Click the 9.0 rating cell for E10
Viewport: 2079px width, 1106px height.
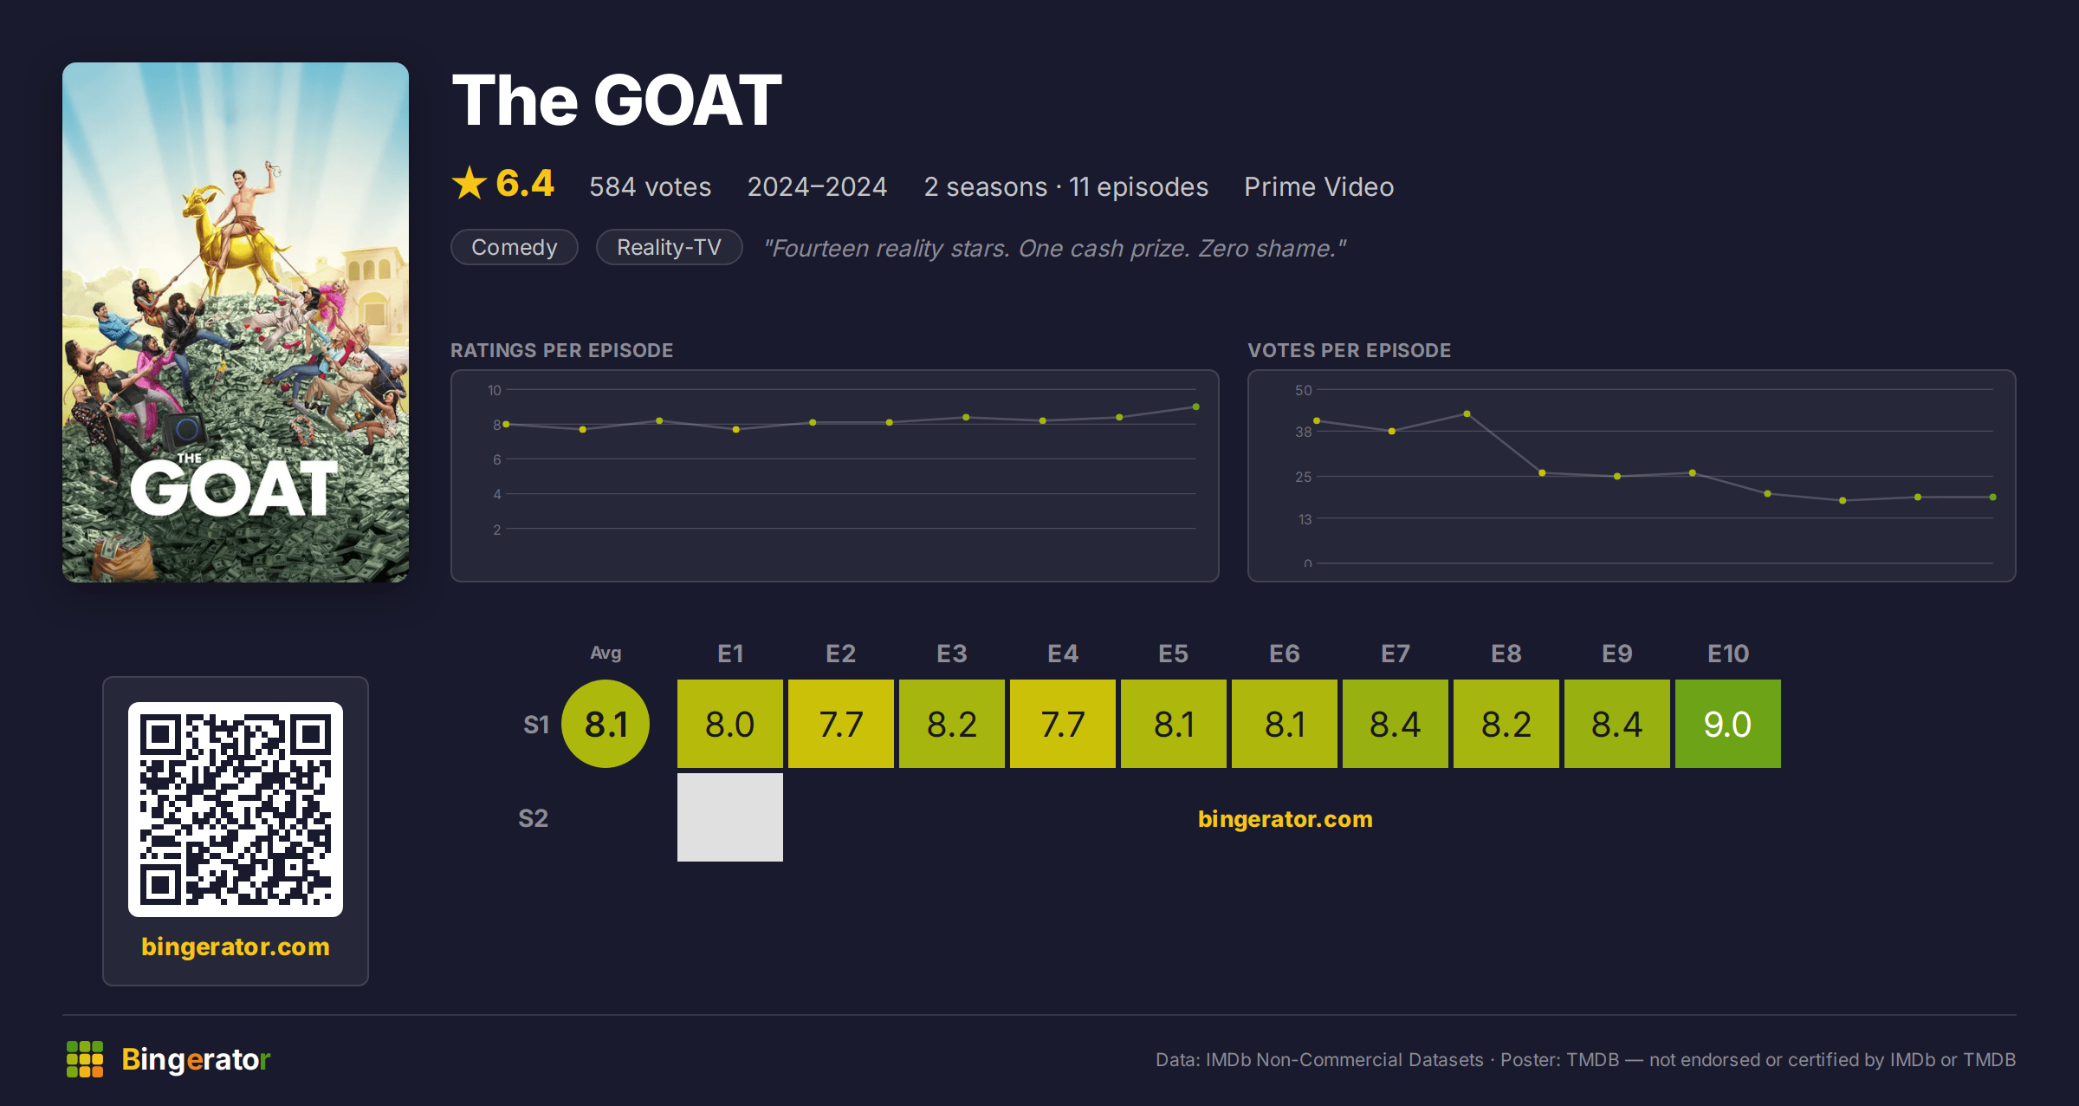[1727, 724]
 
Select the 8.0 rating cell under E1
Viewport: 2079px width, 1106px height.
[730, 724]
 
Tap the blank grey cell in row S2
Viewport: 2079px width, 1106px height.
[730, 817]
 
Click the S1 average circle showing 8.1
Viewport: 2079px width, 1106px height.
[606, 724]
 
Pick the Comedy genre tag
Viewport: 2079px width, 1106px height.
[515, 247]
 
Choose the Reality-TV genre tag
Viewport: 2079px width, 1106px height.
[669, 247]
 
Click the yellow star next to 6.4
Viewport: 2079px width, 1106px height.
[470, 183]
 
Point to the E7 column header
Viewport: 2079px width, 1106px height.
[1396, 654]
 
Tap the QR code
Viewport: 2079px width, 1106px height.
[236, 810]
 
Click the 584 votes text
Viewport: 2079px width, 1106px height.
[650, 186]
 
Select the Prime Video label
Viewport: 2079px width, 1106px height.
[1318, 186]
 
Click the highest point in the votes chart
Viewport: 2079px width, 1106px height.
[1467, 413]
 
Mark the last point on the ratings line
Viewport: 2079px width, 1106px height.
[1196, 407]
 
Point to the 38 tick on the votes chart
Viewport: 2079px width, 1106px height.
[1303, 432]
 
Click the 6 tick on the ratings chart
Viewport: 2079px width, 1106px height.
[497, 459]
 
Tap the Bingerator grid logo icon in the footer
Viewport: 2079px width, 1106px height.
[85, 1059]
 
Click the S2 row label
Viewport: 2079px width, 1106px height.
[533, 818]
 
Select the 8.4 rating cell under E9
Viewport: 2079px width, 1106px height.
[1617, 724]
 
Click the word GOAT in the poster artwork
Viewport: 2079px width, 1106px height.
[234, 488]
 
